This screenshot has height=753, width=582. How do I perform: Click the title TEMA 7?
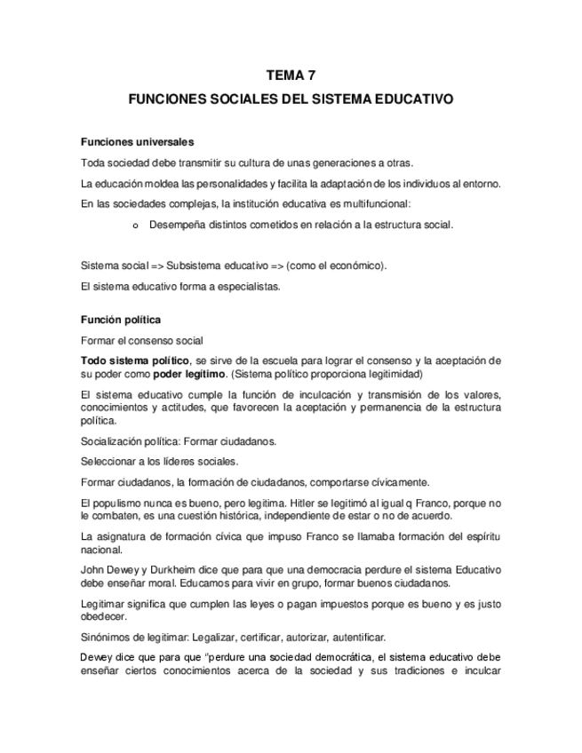tap(291, 76)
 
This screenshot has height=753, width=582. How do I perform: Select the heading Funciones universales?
tap(137, 142)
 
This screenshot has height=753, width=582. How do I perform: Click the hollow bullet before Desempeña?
tap(134, 225)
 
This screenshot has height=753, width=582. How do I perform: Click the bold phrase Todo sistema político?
tap(134, 360)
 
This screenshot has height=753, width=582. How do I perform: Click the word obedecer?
tap(104, 616)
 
